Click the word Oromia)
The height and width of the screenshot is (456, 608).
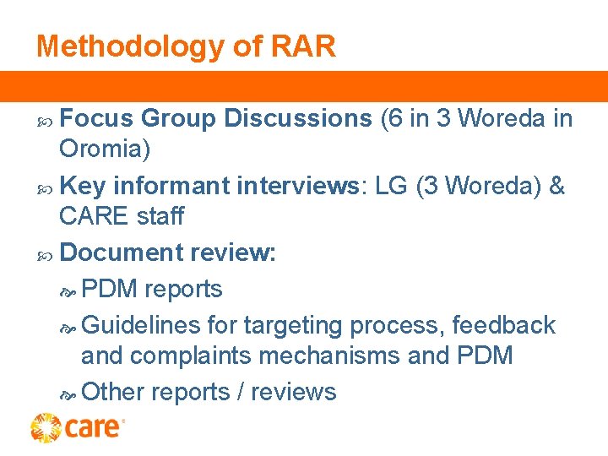[105, 149]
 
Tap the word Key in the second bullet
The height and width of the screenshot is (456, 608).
[84, 186]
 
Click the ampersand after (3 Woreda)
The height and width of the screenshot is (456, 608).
[556, 186]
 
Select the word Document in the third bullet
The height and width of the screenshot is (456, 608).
[122, 252]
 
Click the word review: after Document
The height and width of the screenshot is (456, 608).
[234, 252]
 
